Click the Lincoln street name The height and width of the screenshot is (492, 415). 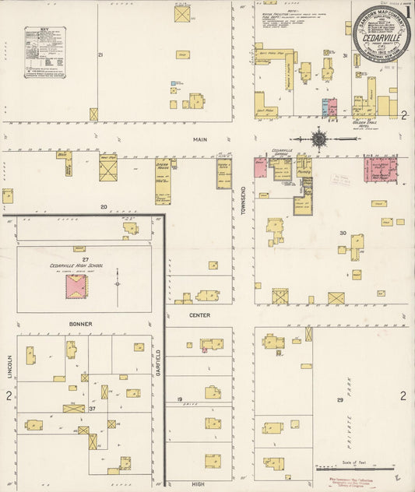coord(11,367)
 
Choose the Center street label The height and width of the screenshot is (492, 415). coord(199,315)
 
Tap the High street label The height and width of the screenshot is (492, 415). coord(199,484)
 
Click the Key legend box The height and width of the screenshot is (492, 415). coord(44,52)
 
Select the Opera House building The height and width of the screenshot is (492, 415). coord(164,181)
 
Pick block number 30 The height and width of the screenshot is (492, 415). coord(341,233)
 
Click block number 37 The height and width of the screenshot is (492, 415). coord(92,408)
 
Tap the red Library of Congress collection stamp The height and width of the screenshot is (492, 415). coord(355,483)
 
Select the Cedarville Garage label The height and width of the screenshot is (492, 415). coord(282,153)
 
